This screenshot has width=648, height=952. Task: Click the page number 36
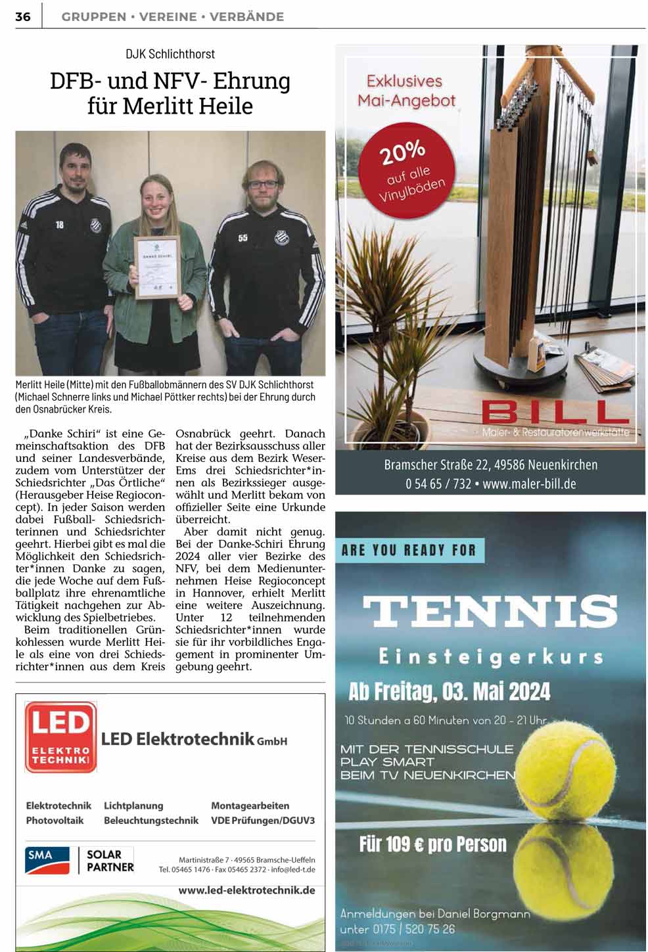[x=23, y=16]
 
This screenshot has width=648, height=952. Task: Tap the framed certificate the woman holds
[x=156, y=267]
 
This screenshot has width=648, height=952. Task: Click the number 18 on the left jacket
[x=60, y=225]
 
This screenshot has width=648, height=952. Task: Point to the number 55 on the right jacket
[x=243, y=237]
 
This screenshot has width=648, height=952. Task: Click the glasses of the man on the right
[x=263, y=185]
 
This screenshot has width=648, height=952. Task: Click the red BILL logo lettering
[x=555, y=413]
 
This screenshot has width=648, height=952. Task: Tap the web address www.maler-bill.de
[x=529, y=484]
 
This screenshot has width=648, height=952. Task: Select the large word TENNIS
[x=490, y=611]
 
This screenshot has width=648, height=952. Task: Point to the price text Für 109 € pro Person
[x=432, y=844]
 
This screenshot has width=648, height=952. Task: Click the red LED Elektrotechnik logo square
[x=60, y=737]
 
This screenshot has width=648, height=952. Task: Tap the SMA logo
[x=48, y=860]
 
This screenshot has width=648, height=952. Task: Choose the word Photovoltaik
[x=55, y=821]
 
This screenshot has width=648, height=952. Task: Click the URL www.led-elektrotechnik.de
[x=246, y=891]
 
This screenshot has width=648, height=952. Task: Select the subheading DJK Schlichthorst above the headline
[x=170, y=54]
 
